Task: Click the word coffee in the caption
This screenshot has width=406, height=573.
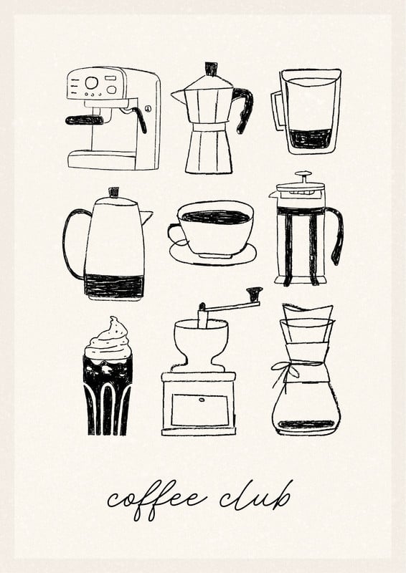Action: tap(156, 499)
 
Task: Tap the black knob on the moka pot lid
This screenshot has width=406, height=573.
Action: tap(211, 69)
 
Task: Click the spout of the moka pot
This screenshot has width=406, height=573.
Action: tap(179, 97)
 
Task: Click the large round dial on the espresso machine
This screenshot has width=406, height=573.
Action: tap(91, 82)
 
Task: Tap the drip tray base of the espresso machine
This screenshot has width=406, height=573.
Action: tap(102, 160)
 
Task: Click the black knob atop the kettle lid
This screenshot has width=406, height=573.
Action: tap(114, 192)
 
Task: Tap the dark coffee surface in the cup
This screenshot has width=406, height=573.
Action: tap(216, 217)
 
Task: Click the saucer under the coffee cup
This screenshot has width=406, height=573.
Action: tap(213, 256)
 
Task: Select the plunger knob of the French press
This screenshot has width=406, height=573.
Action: tap(303, 174)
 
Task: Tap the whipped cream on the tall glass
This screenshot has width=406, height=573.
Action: tap(108, 342)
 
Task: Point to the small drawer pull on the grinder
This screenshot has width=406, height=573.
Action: tap(202, 400)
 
